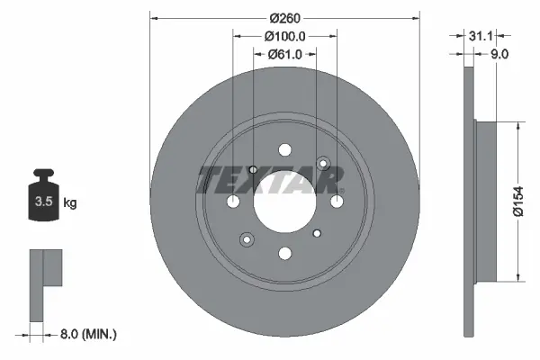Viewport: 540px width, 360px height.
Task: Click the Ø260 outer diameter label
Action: (284, 18)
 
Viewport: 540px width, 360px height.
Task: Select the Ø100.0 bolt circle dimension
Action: (284, 36)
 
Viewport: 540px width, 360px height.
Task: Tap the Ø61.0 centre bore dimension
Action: (284, 54)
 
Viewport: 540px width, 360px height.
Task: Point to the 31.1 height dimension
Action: (481, 35)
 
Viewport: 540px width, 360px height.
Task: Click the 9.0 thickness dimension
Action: (499, 54)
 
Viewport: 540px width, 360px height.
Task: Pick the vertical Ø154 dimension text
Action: (518, 202)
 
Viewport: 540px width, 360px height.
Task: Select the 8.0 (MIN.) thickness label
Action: (88, 334)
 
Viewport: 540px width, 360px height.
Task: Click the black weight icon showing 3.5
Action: (44, 194)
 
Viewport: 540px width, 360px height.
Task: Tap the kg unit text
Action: (70, 202)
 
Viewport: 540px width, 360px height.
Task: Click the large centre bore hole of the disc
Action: (284, 202)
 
